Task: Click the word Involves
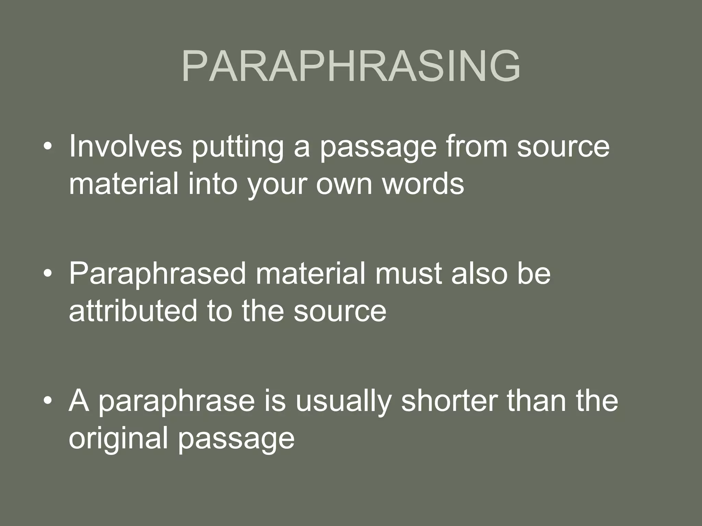125,147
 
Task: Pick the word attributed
133,311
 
